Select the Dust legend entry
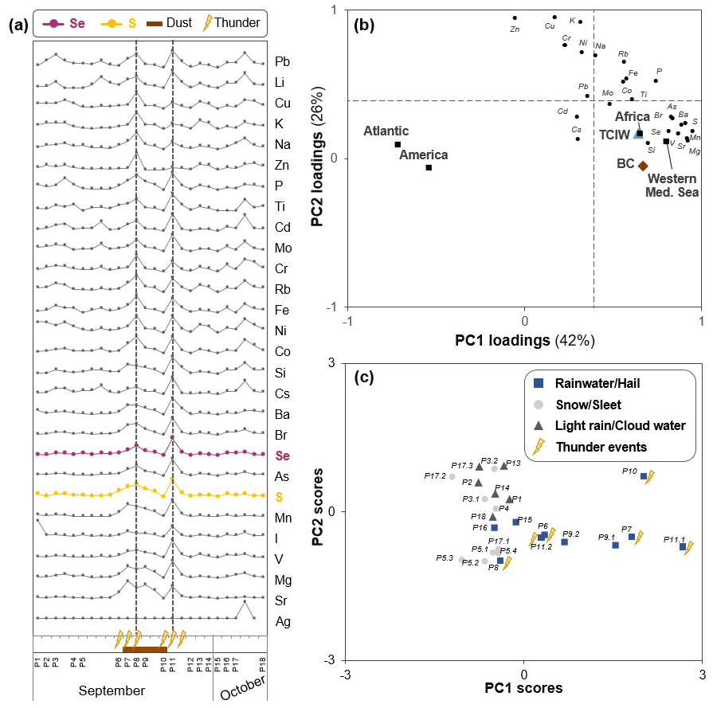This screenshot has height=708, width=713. tap(175, 22)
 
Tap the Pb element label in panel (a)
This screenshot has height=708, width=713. tap(282, 61)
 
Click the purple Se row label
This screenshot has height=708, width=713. tap(282, 456)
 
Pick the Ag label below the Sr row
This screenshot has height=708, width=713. tap(282, 621)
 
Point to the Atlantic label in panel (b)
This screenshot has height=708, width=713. tap(386, 131)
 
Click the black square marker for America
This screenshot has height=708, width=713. tap(429, 167)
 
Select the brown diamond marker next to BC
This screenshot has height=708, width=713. tap(642, 166)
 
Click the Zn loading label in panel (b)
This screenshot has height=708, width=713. tap(514, 29)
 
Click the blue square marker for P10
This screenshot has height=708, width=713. tap(644, 476)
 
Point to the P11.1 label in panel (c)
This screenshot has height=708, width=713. tap(674, 539)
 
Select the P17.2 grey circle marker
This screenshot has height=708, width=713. tap(452, 477)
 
